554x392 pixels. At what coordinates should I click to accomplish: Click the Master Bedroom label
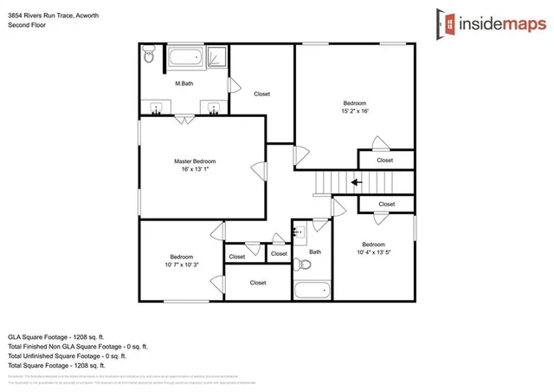[x=194, y=161]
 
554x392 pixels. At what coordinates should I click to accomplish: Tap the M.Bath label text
[x=183, y=83]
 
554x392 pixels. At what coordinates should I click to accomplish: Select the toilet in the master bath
[x=149, y=57]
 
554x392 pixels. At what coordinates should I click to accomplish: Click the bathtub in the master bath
[x=184, y=58]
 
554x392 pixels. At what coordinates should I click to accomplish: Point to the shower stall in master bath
[x=216, y=57]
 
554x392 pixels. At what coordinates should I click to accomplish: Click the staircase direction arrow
[x=356, y=182]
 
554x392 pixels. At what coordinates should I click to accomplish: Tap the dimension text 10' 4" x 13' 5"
[x=373, y=252]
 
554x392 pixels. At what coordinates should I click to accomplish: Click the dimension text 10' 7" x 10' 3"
[x=181, y=265]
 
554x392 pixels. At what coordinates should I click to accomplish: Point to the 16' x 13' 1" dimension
[x=194, y=170]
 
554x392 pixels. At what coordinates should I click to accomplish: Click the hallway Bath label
[x=315, y=252]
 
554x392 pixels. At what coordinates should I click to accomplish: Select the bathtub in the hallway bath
[x=311, y=290]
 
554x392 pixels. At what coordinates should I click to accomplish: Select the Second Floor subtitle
[x=27, y=26]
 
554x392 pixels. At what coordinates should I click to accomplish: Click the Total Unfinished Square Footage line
[x=68, y=356]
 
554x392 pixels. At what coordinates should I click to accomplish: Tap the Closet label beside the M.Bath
[x=262, y=94]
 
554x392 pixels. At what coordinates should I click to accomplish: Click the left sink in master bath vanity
[x=157, y=109]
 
